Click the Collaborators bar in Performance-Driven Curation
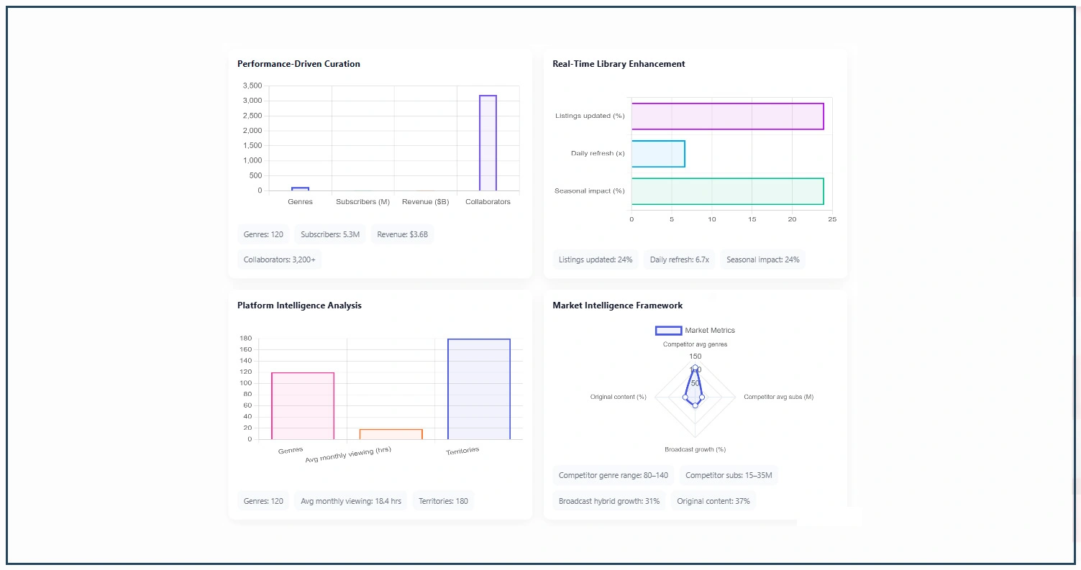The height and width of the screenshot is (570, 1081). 488,143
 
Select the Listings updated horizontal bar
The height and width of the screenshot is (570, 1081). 727,116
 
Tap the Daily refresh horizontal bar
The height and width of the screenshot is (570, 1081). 658,154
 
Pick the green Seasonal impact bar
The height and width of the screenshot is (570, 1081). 727,191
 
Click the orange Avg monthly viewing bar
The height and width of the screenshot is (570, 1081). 391,434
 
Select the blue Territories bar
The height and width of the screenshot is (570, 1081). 478,389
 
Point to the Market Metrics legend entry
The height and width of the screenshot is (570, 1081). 695,331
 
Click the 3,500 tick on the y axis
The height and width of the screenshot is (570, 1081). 252,86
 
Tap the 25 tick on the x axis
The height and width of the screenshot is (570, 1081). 832,219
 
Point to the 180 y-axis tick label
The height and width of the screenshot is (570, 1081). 245,339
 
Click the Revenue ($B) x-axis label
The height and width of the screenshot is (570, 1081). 425,202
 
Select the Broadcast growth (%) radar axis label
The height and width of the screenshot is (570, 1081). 695,450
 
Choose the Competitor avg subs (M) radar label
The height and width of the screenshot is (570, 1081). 778,397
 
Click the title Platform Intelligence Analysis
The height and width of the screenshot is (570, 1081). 299,305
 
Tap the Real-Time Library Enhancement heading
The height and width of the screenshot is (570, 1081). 619,64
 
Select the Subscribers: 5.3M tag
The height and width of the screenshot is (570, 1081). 330,234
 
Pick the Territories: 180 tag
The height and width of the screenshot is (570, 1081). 443,501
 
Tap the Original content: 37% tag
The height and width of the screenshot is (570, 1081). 713,501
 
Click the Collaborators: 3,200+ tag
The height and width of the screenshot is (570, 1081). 279,259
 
